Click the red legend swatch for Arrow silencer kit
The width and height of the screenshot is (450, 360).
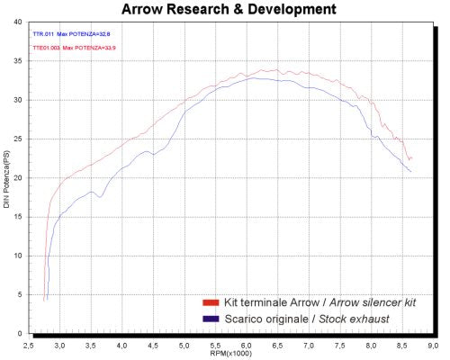[210, 301]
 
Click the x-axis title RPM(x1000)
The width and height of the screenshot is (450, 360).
[232, 353]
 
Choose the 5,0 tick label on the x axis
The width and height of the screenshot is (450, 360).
[184, 344]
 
